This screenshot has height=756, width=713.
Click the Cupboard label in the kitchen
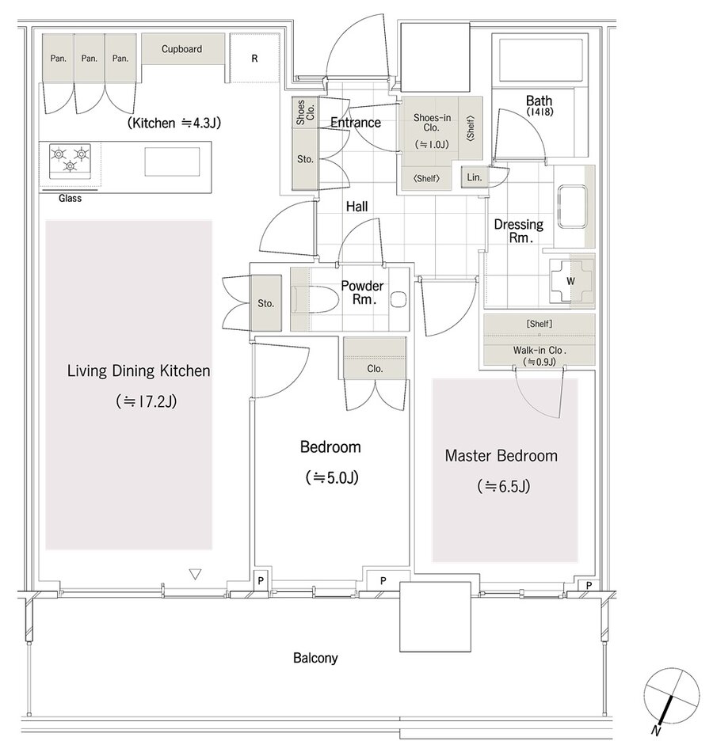181,49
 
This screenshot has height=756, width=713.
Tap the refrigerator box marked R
255,59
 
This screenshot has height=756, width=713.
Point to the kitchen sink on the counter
172,161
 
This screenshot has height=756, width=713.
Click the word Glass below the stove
70,198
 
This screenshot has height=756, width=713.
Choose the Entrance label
356,123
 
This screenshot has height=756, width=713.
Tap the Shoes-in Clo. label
432,123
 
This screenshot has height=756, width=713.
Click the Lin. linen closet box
475,177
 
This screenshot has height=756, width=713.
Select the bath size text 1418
540,112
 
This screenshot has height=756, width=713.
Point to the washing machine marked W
570,280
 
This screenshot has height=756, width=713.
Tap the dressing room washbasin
572,207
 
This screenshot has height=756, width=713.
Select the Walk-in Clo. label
540,351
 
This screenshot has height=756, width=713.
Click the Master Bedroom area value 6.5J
504,486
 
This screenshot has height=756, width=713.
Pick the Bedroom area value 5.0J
332,478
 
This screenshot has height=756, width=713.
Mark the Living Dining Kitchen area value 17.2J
147,401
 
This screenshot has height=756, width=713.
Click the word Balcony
315,658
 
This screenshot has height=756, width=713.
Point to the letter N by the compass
656,731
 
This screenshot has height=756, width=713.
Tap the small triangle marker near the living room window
195,574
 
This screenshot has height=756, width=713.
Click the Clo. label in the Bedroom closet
375,369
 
